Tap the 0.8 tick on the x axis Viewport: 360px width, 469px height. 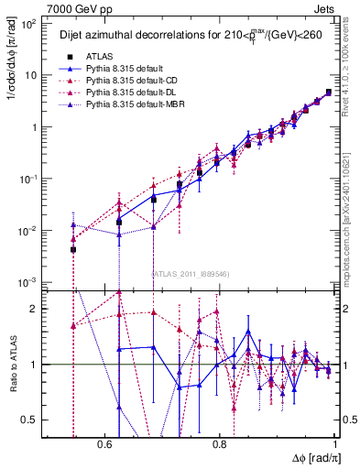pos(220,444)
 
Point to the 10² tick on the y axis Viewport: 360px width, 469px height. pos(30,24)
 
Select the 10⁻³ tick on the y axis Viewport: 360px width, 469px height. pos(30,282)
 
